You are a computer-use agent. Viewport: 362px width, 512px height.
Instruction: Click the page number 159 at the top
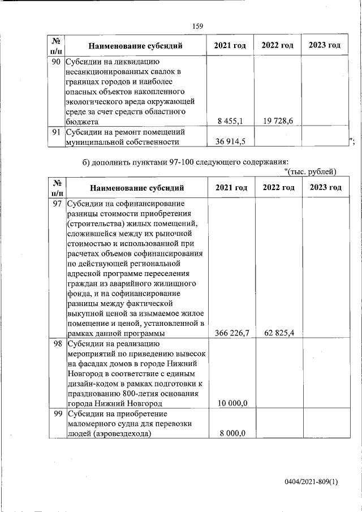(197, 26)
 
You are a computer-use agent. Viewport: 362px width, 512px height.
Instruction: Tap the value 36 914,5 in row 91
(230, 141)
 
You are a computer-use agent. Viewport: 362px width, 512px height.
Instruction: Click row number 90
(56, 62)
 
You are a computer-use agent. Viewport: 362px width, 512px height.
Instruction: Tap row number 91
(56, 132)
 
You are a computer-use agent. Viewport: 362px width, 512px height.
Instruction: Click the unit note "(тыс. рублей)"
(311, 172)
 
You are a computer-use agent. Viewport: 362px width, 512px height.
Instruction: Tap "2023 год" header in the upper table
(324, 45)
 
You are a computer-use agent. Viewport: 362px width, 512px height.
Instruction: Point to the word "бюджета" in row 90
(82, 121)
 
